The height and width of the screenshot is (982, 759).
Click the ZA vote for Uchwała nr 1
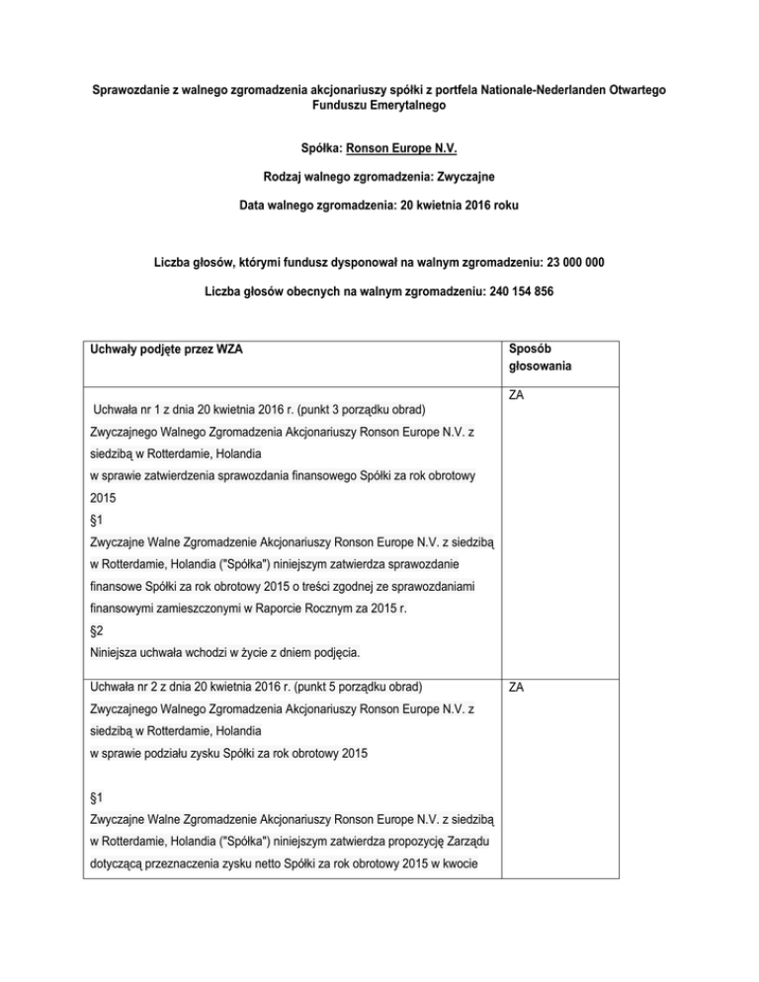click(x=517, y=395)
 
